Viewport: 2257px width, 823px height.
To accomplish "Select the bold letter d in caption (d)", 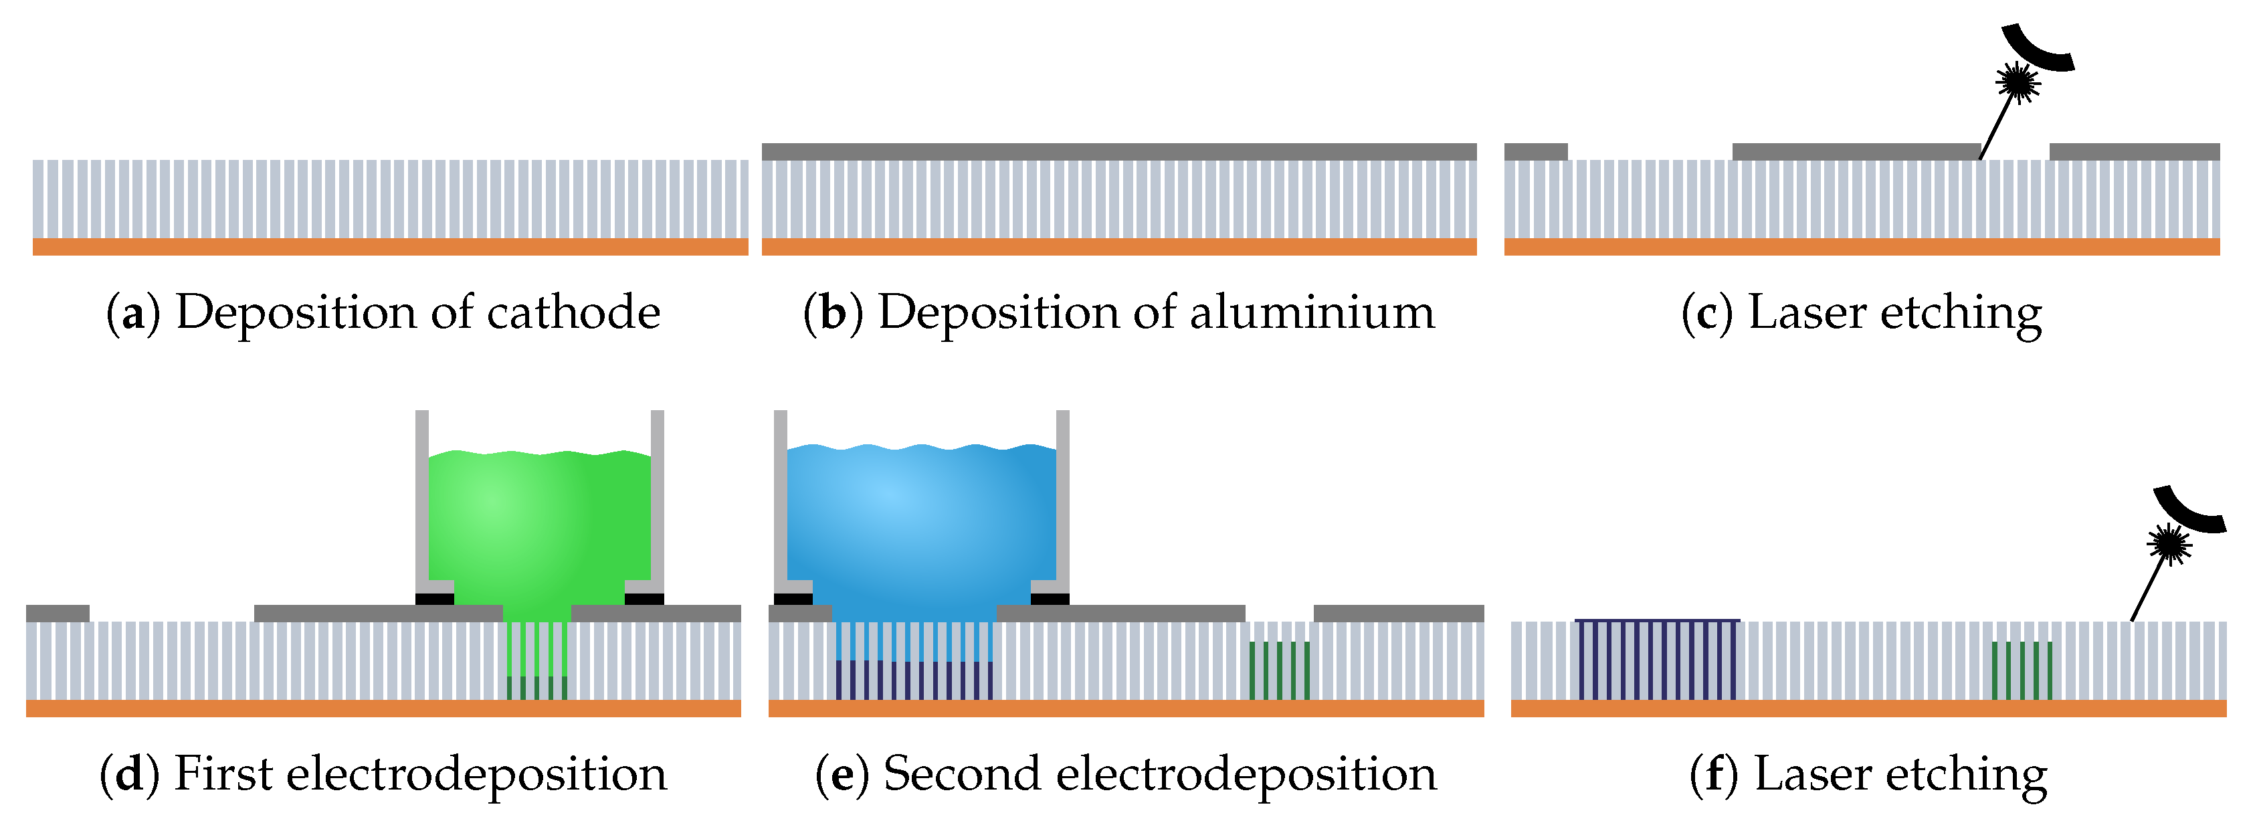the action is [130, 775].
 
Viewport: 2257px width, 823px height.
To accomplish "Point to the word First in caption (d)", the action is [223, 774].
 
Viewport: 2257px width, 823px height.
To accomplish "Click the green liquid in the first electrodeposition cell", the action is [539, 535].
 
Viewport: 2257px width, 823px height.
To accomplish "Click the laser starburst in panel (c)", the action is [2018, 82].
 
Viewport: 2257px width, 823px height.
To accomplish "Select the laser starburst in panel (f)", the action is [2169, 544].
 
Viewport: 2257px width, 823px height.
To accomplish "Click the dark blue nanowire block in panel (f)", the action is [1657, 659].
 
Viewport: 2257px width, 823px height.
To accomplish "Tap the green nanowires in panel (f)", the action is [2022, 670].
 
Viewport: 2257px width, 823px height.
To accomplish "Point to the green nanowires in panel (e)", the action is [1279, 670].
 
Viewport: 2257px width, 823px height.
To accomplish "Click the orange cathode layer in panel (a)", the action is [391, 246].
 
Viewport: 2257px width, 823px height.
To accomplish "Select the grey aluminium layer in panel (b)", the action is [1119, 152].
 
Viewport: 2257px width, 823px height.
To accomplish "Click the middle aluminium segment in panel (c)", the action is [1856, 152].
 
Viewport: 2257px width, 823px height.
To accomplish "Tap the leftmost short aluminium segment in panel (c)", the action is [1536, 152].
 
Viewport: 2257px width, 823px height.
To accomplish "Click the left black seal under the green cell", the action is [435, 600].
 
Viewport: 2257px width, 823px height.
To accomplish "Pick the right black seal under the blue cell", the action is [1050, 600].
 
